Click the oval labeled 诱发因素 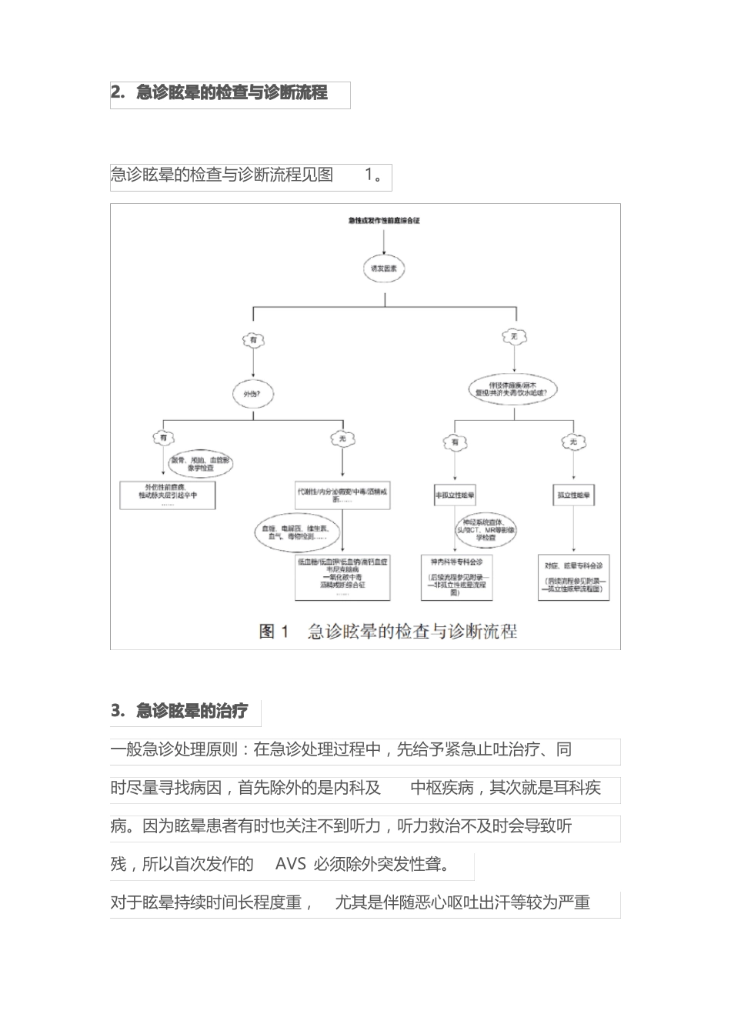tap(383, 269)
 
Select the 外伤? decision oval tap(253, 395)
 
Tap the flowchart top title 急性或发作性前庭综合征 tap(383, 221)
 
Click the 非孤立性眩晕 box tap(454, 496)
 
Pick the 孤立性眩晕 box tap(574, 496)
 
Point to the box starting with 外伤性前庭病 tap(168, 495)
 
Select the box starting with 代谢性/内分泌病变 tap(343, 495)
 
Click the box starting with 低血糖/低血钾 tap(342, 578)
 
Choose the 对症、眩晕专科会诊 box tap(574, 578)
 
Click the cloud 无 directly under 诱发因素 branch tap(515, 336)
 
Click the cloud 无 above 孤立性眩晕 tap(573, 442)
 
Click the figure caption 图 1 tap(274, 632)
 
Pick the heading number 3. tap(117, 711)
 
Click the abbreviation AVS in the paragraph tap(290, 865)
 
